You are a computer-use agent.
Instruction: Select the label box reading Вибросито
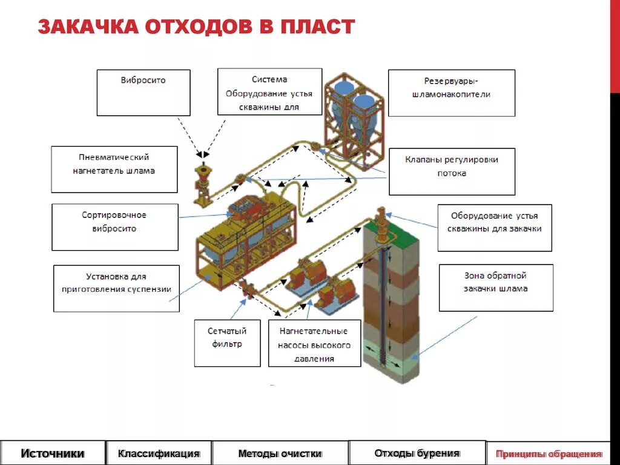143,93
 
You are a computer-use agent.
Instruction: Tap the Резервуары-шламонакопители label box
451,93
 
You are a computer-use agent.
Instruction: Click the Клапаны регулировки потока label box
452,171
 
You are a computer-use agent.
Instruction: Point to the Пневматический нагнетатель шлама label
114,169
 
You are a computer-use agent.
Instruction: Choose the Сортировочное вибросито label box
115,227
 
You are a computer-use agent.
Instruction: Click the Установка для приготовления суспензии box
116,288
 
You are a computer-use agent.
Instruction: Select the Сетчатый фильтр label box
227,343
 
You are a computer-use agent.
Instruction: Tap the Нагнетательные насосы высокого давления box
314,343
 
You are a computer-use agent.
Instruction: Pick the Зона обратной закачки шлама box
496,288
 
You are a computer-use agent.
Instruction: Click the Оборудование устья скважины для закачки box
495,228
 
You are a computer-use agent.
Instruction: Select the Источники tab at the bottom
53,453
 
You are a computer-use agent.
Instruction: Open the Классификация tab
159,453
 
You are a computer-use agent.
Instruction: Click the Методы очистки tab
280,453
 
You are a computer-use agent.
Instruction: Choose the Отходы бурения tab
417,453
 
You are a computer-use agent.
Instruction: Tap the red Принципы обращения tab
549,453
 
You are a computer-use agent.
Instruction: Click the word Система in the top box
269,79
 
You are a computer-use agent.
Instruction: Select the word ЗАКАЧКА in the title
84,27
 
